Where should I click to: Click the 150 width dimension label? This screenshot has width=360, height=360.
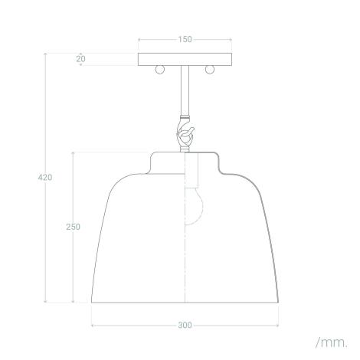pyautogui.click(x=185, y=38)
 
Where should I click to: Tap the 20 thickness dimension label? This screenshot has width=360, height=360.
pyautogui.click(x=81, y=59)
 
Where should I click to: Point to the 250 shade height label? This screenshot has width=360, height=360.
pyautogui.click(x=74, y=227)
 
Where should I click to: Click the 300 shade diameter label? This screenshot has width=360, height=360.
pyautogui.click(x=185, y=325)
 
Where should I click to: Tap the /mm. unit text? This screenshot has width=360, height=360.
pyautogui.click(x=331, y=340)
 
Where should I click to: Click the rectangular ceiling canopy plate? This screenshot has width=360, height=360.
pyautogui.click(x=185, y=59)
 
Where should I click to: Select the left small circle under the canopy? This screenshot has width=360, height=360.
pyautogui.click(x=160, y=70)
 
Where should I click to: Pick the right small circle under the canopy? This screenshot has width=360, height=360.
pyautogui.click(x=208, y=70)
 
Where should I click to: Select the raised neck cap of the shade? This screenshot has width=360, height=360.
pyautogui.click(x=185, y=161)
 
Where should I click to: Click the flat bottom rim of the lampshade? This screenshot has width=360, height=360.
pyautogui.click(x=185, y=302)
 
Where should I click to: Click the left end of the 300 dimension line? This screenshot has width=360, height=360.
pyautogui.click(x=92, y=325)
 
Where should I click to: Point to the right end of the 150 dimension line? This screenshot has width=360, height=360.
pyautogui.click(x=232, y=38)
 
